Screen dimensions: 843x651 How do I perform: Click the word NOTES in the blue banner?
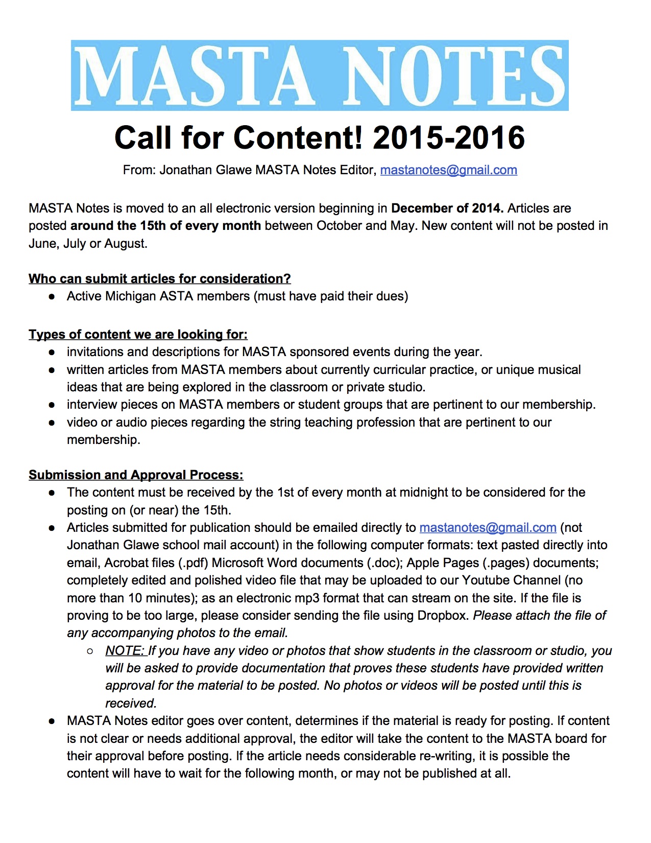(x=454, y=76)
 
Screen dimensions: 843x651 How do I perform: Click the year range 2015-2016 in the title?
(x=449, y=138)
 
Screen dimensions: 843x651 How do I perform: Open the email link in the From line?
(x=448, y=170)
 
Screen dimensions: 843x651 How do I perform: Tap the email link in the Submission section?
(x=488, y=528)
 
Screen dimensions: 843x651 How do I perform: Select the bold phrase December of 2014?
(x=447, y=208)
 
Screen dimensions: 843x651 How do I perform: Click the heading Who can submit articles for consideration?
(x=159, y=279)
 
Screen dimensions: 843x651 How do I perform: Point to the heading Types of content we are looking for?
(x=138, y=335)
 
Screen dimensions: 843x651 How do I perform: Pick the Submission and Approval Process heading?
(x=136, y=475)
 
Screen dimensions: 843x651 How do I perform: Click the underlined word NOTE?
(x=125, y=651)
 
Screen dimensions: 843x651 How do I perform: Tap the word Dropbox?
(x=443, y=616)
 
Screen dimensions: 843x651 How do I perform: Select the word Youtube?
(x=486, y=580)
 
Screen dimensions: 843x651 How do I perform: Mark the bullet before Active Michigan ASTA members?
(x=52, y=297)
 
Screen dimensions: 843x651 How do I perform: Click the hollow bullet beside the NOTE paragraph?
(x=90, y=651)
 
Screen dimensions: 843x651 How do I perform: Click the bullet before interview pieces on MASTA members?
(x=52, y=405)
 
